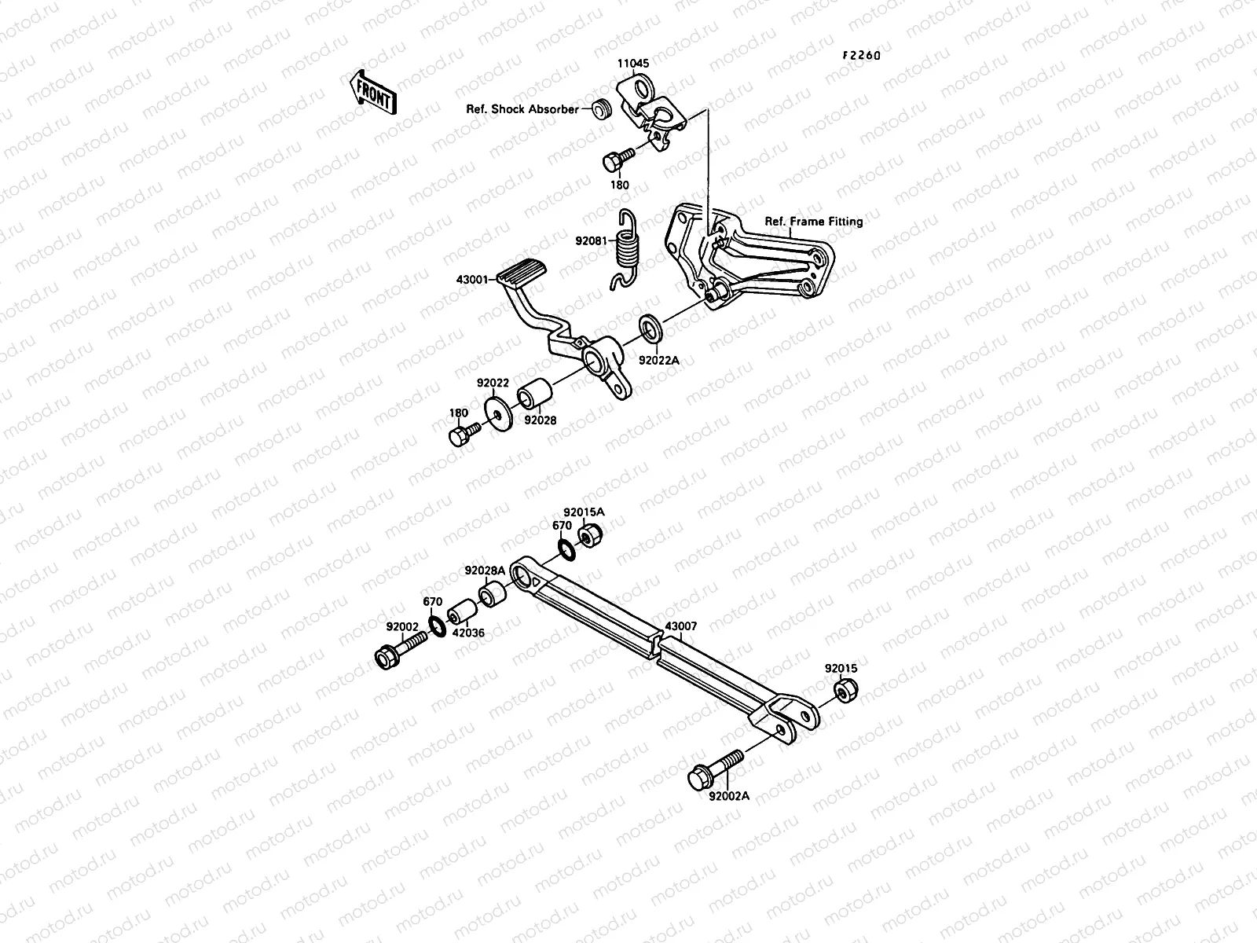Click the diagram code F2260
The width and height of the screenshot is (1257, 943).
tap(862, 56)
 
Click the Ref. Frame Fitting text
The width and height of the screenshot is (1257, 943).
tap(813, 222)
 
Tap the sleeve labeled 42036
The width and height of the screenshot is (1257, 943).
tap(464, 614)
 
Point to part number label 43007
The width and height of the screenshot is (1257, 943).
tap(681, 629)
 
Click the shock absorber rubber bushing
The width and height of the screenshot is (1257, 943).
tap(601, 108)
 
